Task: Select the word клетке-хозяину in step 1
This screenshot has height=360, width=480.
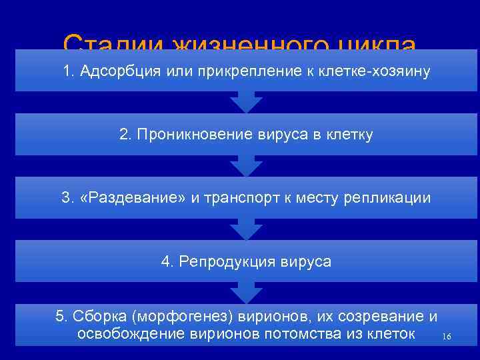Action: click(373, 71)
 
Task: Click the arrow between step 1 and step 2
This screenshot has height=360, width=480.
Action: click(246, 102)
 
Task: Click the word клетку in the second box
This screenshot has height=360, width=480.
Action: click(350, 135)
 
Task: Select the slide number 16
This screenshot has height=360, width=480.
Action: click(446, 337)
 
